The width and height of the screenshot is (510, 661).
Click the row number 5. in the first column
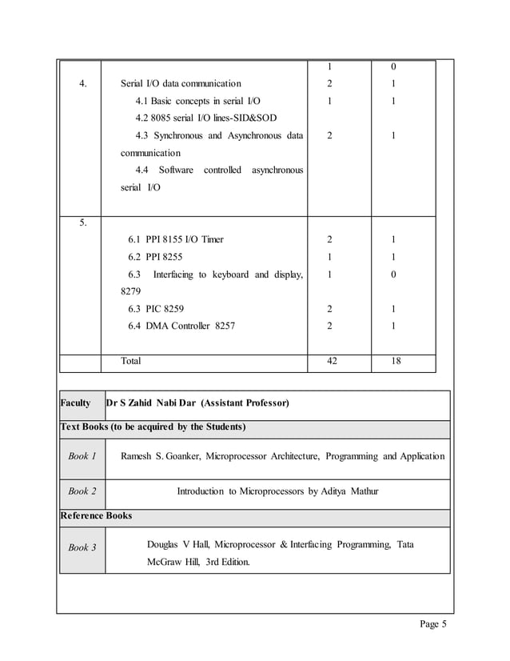coord(83,222)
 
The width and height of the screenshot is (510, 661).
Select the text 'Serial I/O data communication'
coord(181,83)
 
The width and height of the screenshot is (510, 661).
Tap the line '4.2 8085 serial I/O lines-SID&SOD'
coord(205,118)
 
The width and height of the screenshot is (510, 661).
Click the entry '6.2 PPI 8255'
coord(154,257)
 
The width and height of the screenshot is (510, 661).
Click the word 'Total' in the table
coord(130,361)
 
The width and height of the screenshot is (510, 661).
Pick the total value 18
coord(395,361)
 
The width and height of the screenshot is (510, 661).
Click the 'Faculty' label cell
coord(76,403)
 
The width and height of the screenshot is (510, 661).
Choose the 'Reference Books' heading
coord(97,515)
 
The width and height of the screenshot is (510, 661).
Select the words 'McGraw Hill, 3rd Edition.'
coord(198,562)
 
